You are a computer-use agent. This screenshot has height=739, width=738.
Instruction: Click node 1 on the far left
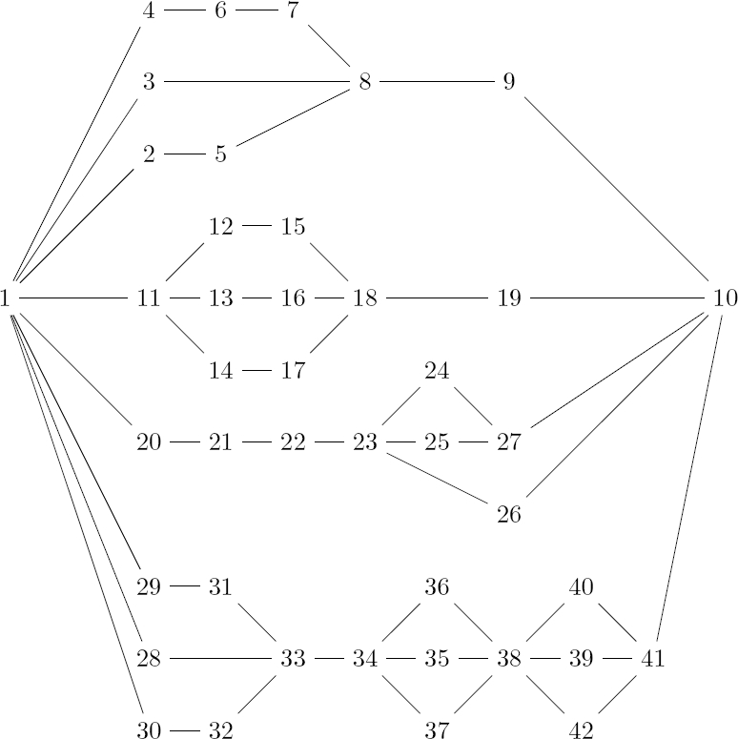click(7, 298)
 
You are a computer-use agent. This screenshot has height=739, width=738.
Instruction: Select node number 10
click(725, 298)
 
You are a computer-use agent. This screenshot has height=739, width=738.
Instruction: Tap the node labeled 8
click(364, 82)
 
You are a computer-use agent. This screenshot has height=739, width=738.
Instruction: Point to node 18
click(364, 298)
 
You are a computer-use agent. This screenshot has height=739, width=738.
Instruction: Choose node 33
click(293, 658)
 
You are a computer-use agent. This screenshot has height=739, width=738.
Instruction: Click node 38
click(508, 658)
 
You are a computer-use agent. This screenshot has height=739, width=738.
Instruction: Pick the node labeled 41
click(652, 658)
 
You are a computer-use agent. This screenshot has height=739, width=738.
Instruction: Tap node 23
click(364, 442)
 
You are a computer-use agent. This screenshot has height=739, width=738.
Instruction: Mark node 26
click(508, 515)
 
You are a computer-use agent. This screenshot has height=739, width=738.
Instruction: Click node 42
click(581, 731)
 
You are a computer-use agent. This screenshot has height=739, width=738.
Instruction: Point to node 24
click(437, 370)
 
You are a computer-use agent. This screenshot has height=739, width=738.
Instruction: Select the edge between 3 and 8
click(257, 82)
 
